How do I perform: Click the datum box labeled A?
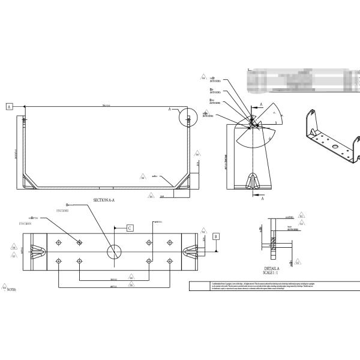(x=9, y=106)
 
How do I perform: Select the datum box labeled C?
(x=129, y=228)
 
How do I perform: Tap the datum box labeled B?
(x=217, y=236)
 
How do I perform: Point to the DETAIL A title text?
(x=271, y=268)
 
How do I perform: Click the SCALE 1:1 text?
(x=271, y=273)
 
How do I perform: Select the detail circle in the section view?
(x=187, y=116)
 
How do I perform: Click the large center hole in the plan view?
(x=112, y=251)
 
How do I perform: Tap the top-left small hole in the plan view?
(x=58, y=242)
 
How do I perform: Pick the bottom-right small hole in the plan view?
(x=170, y=261)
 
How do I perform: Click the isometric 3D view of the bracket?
(x=331, y=135)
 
